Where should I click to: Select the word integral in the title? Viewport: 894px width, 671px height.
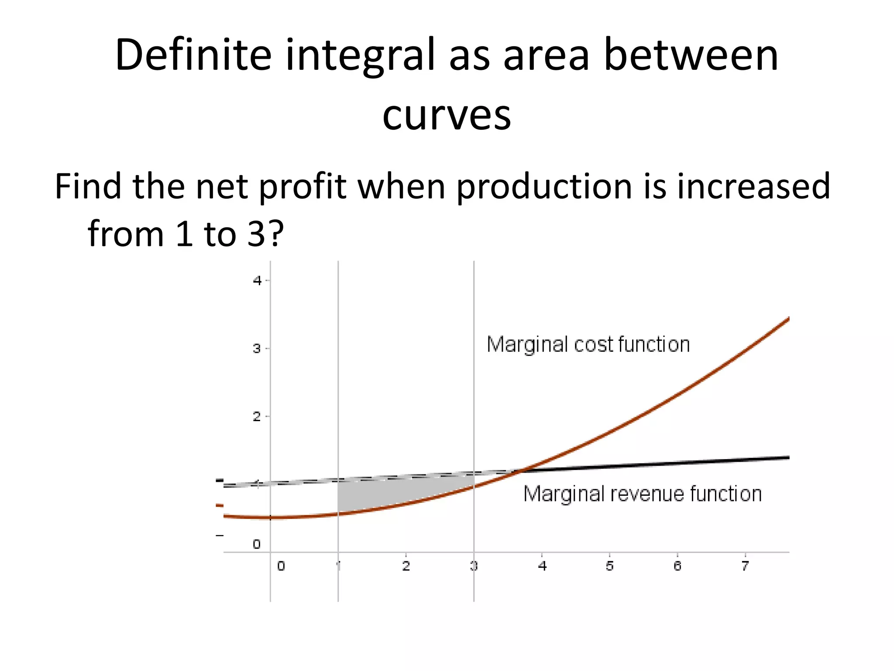360,56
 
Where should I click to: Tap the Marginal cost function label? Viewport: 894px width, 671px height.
588,344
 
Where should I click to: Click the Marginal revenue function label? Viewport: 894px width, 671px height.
642,494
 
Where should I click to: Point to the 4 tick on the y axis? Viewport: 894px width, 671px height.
258,280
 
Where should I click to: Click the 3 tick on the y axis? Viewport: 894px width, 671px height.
258,349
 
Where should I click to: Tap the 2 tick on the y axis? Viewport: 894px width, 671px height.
258,417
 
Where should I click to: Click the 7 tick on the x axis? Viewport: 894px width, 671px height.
745,566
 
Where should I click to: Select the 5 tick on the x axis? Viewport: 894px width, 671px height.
609,566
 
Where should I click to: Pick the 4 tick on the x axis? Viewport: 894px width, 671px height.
542,566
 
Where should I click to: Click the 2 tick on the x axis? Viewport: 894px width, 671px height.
406,566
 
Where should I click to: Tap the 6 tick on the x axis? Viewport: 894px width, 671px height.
677,566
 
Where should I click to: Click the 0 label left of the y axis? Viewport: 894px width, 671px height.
257,544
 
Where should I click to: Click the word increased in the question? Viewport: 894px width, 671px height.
753,186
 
